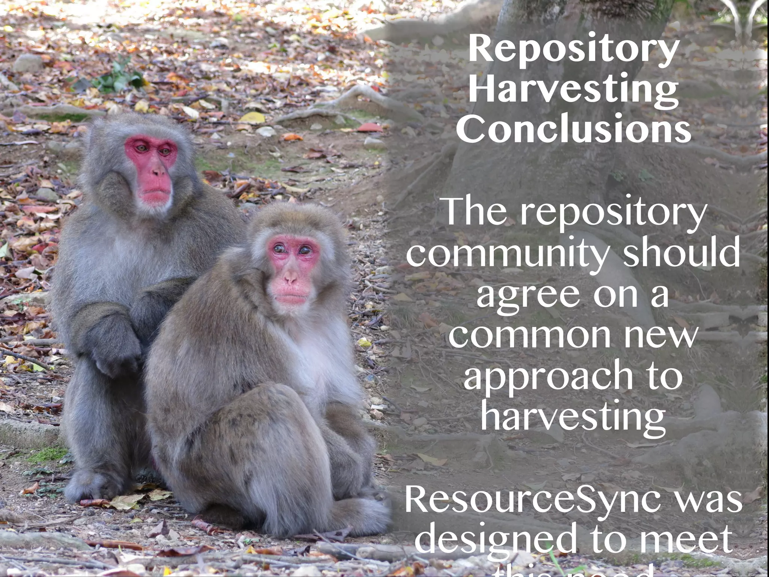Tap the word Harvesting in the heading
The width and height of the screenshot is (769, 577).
click(x=574, y=90)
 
